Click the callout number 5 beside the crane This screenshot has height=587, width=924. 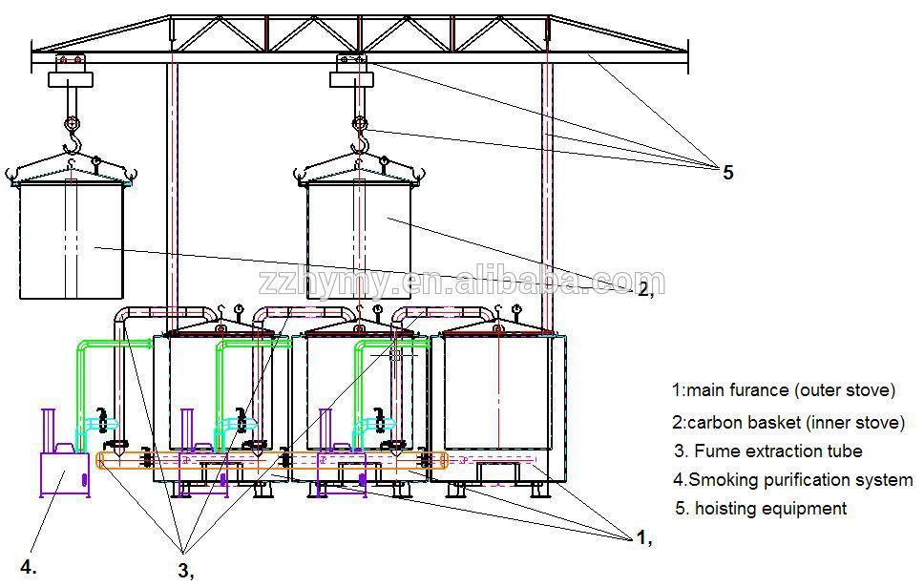(727, 173)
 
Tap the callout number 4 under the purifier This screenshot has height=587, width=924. (29, 567)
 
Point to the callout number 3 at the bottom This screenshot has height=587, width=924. (184, 570)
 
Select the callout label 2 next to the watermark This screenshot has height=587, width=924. (644, 287)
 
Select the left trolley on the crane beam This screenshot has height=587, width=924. (69, 64)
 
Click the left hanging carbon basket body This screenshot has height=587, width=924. (73, 239)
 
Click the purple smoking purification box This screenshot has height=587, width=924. (64, 473)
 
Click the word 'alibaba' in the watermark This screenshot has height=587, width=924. (505, 283)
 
